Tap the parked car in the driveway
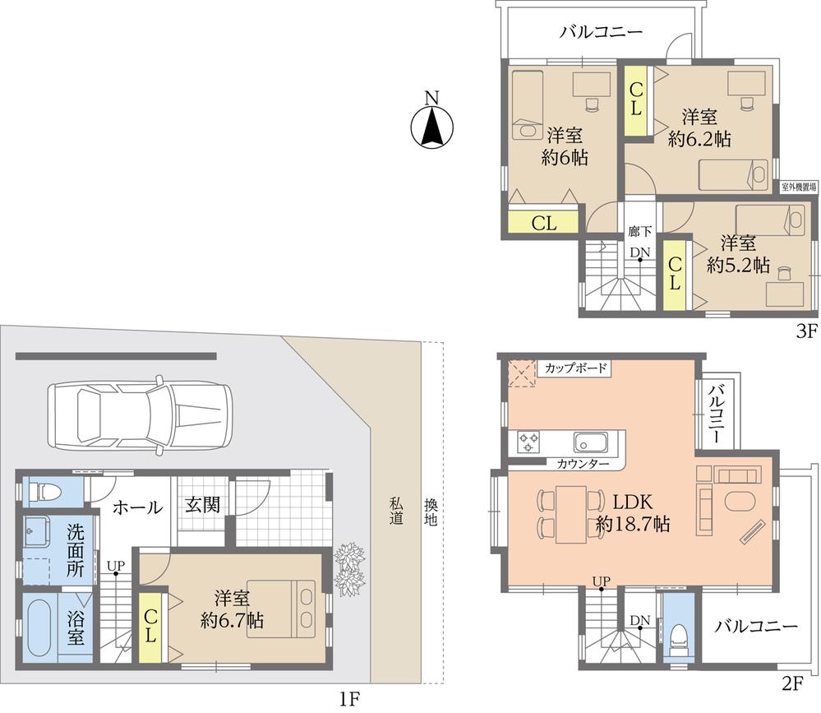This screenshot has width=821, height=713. pyautogui.click(x=141, y=414)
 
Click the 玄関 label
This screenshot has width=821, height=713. pyautogui.click(x=201, y=505)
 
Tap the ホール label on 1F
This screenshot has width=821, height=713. pyautogui.click(x=136, y=508)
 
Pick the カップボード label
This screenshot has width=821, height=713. pyautogui.click(x=575, y=368)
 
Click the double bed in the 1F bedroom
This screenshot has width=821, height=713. pyautogui.click(x=282, y=607)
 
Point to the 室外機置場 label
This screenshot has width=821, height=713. pyautogui.click(x=798, y=188)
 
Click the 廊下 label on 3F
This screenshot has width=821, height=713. pyautogui.click(x=639, y=231)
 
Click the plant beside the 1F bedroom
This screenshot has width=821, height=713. pyautogui.click(x=348, y=567)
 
